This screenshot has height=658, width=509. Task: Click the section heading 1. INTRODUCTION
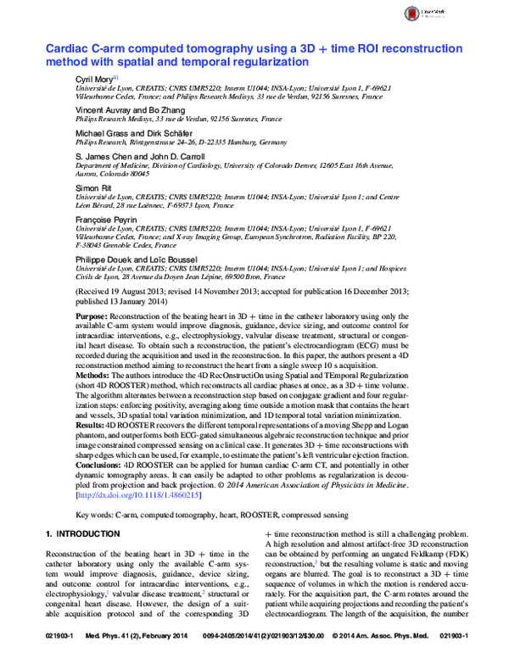81,533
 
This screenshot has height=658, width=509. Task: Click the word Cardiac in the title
69,49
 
